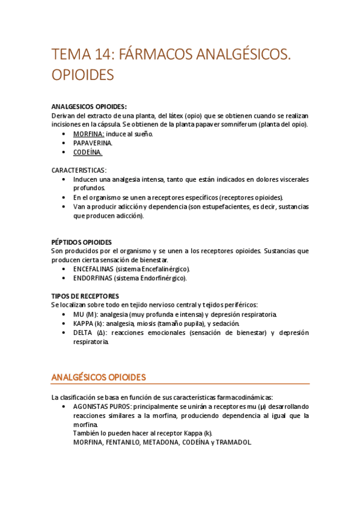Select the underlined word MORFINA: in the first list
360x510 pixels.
[88, 134]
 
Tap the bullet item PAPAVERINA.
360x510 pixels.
[93, 143]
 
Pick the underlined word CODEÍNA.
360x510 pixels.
[88, 152]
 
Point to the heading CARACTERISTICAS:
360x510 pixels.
[79, 170]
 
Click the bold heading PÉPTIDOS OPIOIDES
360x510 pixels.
[82, 242]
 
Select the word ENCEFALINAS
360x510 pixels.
[93, 269]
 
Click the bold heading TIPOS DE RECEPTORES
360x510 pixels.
[85, 296]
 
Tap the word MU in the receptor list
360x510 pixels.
[79, 314]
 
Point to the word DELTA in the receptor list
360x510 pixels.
[84, 332]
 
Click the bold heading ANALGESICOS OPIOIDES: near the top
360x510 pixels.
[90, 107]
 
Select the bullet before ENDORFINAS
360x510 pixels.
[64, 278]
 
